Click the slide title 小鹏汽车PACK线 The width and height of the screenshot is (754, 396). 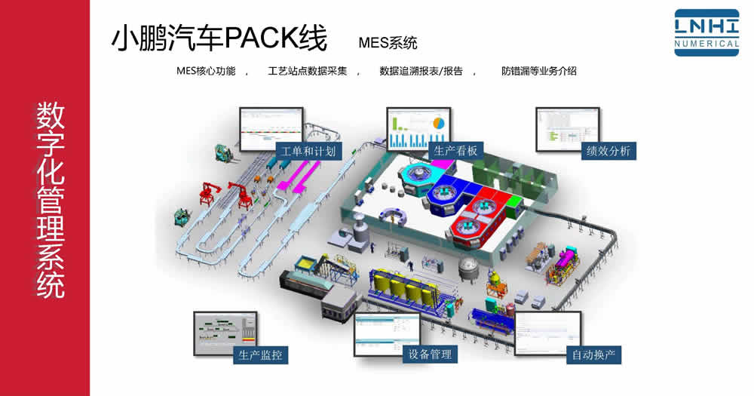point(219,38)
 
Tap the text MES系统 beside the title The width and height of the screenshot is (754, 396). point(388,42)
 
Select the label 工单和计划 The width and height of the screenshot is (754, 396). point(308,151)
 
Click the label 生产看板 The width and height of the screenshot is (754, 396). point(456,151)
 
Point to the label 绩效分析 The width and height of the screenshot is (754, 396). point(608,151)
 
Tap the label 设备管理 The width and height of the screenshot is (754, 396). point(430,353)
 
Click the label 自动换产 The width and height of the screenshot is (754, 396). point(593,354)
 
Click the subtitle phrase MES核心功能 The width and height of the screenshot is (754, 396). point(206,72)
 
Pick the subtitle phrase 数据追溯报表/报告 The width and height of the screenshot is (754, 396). point(421,72)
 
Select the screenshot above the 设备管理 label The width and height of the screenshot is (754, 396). point(387,333)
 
